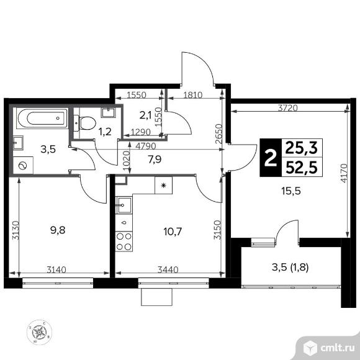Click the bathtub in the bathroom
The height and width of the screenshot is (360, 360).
43,118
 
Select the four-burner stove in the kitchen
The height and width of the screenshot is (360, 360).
124,241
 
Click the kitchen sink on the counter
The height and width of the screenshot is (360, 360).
124,205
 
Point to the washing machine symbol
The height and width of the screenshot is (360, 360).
23,165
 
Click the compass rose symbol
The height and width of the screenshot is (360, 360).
39,332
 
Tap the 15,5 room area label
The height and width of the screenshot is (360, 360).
291,191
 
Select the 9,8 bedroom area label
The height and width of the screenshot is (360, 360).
58,230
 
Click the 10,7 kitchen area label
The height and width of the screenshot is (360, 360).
173,232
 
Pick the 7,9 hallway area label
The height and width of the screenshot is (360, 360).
155,159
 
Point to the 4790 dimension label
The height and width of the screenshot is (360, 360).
146,146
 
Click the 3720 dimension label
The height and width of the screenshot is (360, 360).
287,108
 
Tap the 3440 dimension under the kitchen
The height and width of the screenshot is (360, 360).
168,269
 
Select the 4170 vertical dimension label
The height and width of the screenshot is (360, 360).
343,173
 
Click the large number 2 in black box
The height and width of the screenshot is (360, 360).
271,158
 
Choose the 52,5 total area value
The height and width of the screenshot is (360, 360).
302,168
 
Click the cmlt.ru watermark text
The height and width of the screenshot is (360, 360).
338,348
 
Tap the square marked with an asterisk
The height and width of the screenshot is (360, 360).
163,186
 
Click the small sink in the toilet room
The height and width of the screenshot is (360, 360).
107,112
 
